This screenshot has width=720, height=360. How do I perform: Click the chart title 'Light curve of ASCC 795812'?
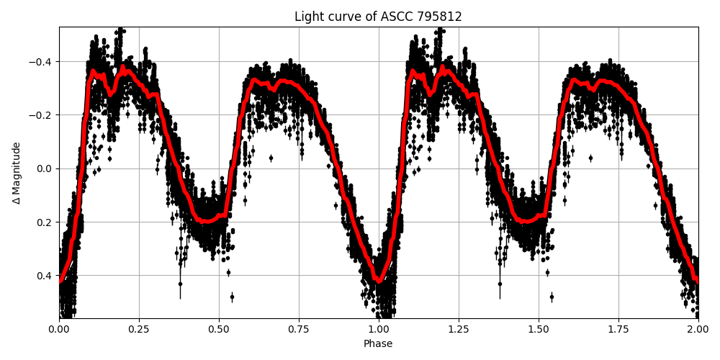378,17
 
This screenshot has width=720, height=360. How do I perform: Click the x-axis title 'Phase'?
378,344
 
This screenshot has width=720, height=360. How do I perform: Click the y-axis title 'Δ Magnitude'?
17,173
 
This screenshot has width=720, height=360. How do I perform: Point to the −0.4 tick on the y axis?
42,61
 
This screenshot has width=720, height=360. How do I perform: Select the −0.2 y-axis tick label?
42,115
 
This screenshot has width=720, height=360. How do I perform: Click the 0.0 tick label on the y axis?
45,168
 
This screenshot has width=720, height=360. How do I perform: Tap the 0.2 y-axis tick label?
45,222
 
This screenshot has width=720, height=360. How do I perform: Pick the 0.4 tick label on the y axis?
45,275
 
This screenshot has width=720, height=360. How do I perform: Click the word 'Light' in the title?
307,17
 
